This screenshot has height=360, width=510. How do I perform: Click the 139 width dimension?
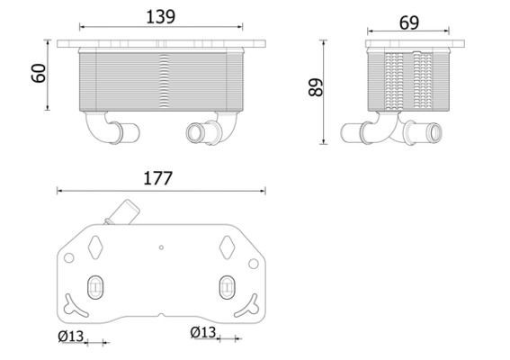click(x=162, y=16)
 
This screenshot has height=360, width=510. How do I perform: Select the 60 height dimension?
click(x=38, y=74)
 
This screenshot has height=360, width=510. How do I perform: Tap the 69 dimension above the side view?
click(x=409, y=22)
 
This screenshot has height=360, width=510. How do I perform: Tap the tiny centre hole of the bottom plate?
click(x=161, y=247)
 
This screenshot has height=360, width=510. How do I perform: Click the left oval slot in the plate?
click(x=94, y=288)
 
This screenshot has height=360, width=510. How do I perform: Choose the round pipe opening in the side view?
click(x=434, y=136)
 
